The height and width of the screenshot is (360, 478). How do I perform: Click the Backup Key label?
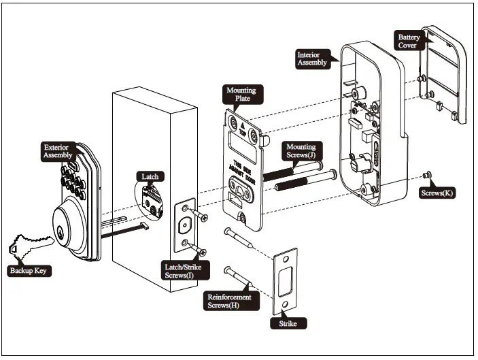point(30,271)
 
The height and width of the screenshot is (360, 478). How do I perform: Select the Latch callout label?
point(150,177)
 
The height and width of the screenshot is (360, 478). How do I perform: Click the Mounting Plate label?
point(241,93)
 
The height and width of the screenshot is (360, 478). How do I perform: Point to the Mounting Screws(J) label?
point(301,151)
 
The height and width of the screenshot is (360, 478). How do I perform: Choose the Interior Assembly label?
point(312,59)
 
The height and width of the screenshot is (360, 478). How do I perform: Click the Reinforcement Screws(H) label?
point(228,301)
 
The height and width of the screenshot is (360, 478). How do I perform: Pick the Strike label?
point(288,324)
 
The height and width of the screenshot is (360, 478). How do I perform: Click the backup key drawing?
point(31,244)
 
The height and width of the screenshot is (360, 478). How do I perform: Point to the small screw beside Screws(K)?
point(426,176)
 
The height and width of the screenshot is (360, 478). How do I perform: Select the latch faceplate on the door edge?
point(184,225)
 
